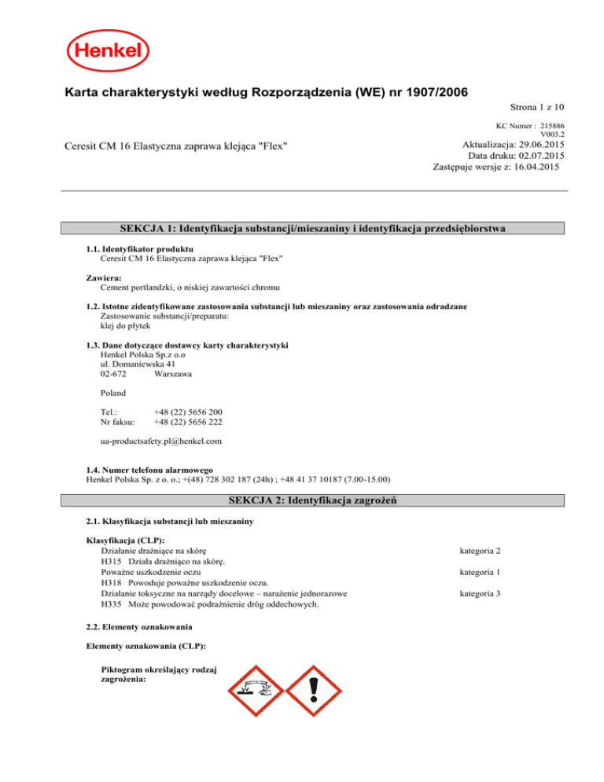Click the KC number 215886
(553, 125)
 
